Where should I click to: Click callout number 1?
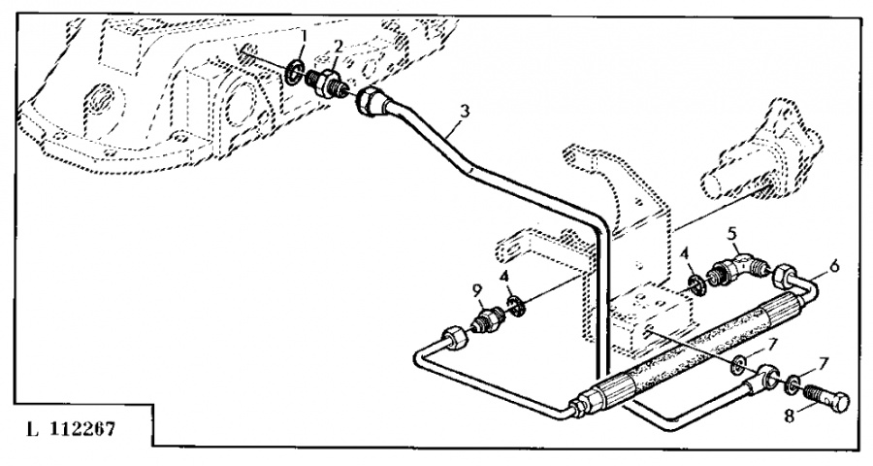303,38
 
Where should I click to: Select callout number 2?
339,47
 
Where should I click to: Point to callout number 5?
733,233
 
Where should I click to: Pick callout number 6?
835,263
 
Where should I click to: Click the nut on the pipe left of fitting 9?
453,340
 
